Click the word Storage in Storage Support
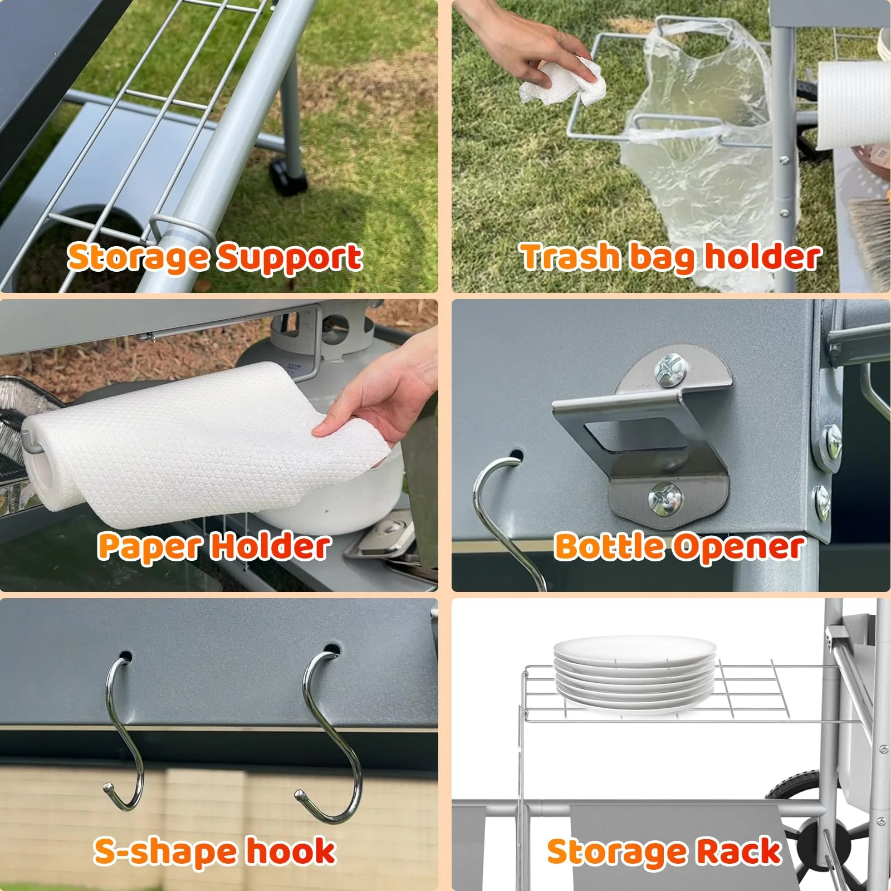(139, 258)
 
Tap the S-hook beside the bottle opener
(504, 518)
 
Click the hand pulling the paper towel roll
(379, 401)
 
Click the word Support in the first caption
(290, 258)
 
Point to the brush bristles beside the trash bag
(872, 239)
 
